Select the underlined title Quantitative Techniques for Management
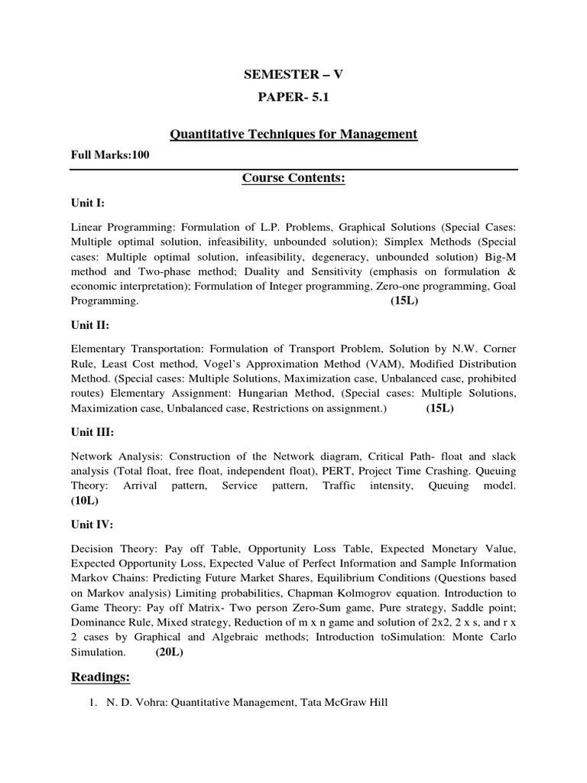click(x=293, y=135)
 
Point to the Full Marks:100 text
click(x=109, y=155)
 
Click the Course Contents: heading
click(x=293, y=178)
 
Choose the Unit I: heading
click(x=88, y=205)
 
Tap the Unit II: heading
click(x=90, y=325)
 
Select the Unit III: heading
click(x=92, y=430)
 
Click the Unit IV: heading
click(x=92, y=525)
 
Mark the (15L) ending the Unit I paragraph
click(x=404, y=301)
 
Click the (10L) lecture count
click(x=85, y=500)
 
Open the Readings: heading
click(x=102, y=677)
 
